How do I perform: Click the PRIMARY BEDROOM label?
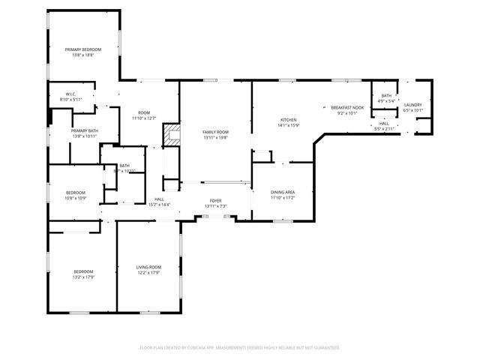click(x=82, y=49)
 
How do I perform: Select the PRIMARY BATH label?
click(x=84, y=130)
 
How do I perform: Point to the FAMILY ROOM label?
click(x=214, y=132)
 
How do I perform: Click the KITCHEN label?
click(x=289, y=120)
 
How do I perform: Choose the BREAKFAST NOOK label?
click(x=347, y=108)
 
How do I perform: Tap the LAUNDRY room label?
click(x=413, y=105)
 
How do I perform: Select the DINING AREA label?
click(x=283, y=192)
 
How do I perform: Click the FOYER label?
click(x=215, y=200)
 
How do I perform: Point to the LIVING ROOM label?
click(x=148, y=267)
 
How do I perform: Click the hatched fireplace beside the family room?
click(x=172, y=135)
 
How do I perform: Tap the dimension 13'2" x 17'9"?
click(x=82, y=277)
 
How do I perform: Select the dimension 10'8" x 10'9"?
click(x=75, y=198)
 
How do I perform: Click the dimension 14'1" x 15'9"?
click(x=289, y=125)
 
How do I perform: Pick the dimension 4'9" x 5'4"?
click(x=386, y=100)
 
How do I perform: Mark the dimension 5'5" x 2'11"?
click(x=383, y=129)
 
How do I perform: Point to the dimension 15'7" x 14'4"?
click(x=159, y=205)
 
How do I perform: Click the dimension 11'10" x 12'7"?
click(x=143, y=118)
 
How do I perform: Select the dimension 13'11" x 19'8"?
click(x=214, y=137)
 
